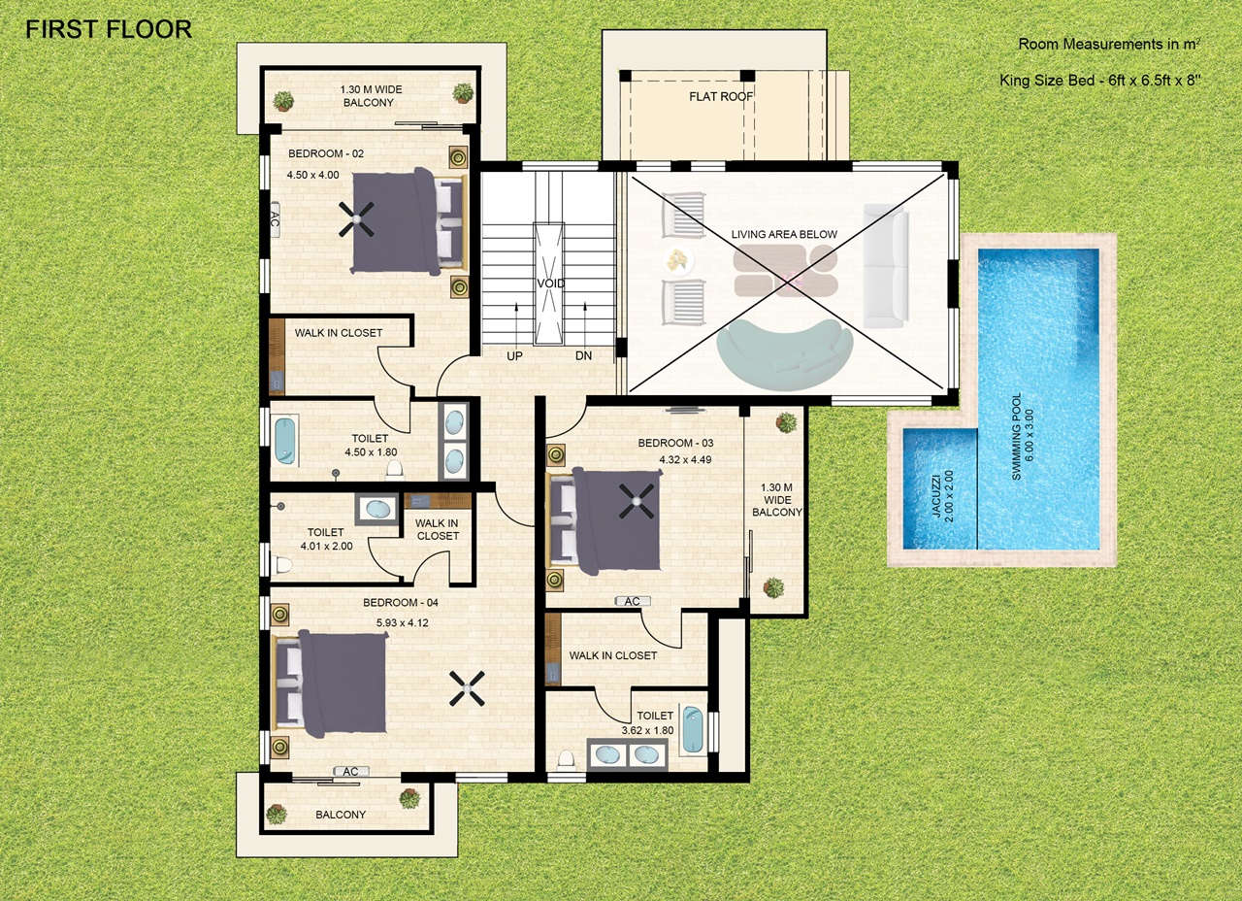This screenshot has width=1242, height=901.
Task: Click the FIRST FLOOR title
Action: coord(109,29)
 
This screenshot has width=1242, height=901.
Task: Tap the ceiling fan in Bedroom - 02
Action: coord(357,219)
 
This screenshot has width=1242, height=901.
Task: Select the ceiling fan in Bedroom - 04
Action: coord(467,688)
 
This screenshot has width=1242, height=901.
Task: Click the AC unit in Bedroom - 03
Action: coord(632,601)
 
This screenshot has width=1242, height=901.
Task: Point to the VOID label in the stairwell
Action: coord(550,284)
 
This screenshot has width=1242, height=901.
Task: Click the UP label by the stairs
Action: coord(514,356)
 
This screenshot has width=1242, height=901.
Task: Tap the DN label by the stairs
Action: coord(583,356)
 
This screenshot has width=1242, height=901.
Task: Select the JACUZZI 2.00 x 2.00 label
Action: coord(942,497)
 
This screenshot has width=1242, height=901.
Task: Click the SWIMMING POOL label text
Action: coord(1016,437)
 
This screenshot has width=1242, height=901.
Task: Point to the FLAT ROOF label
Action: coord(721,96)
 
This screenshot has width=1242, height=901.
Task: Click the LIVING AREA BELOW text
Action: coord(784,234)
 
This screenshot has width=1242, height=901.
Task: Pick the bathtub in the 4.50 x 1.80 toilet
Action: coord(285,441)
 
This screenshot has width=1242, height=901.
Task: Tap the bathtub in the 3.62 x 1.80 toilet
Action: coord(693,729)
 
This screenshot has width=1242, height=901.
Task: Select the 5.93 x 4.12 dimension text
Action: coord(402,622)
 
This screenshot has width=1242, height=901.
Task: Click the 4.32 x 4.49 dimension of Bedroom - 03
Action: coord(685,459)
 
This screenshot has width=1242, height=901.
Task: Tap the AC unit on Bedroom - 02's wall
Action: coord(274,219)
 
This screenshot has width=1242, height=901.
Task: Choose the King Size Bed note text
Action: coord(1100,81)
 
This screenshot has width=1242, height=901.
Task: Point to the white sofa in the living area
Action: coord(886,266)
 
